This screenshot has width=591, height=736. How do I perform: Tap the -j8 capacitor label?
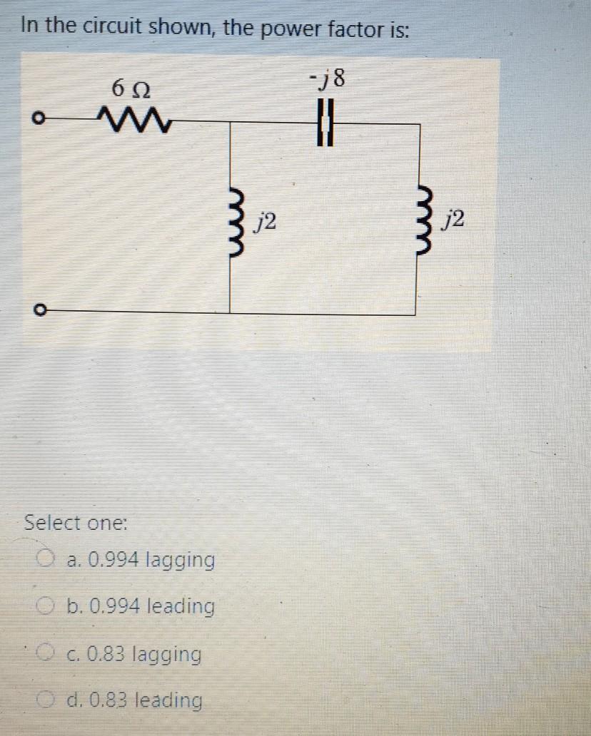click(328, 78)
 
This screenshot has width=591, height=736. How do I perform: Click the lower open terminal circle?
click(42, 311)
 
